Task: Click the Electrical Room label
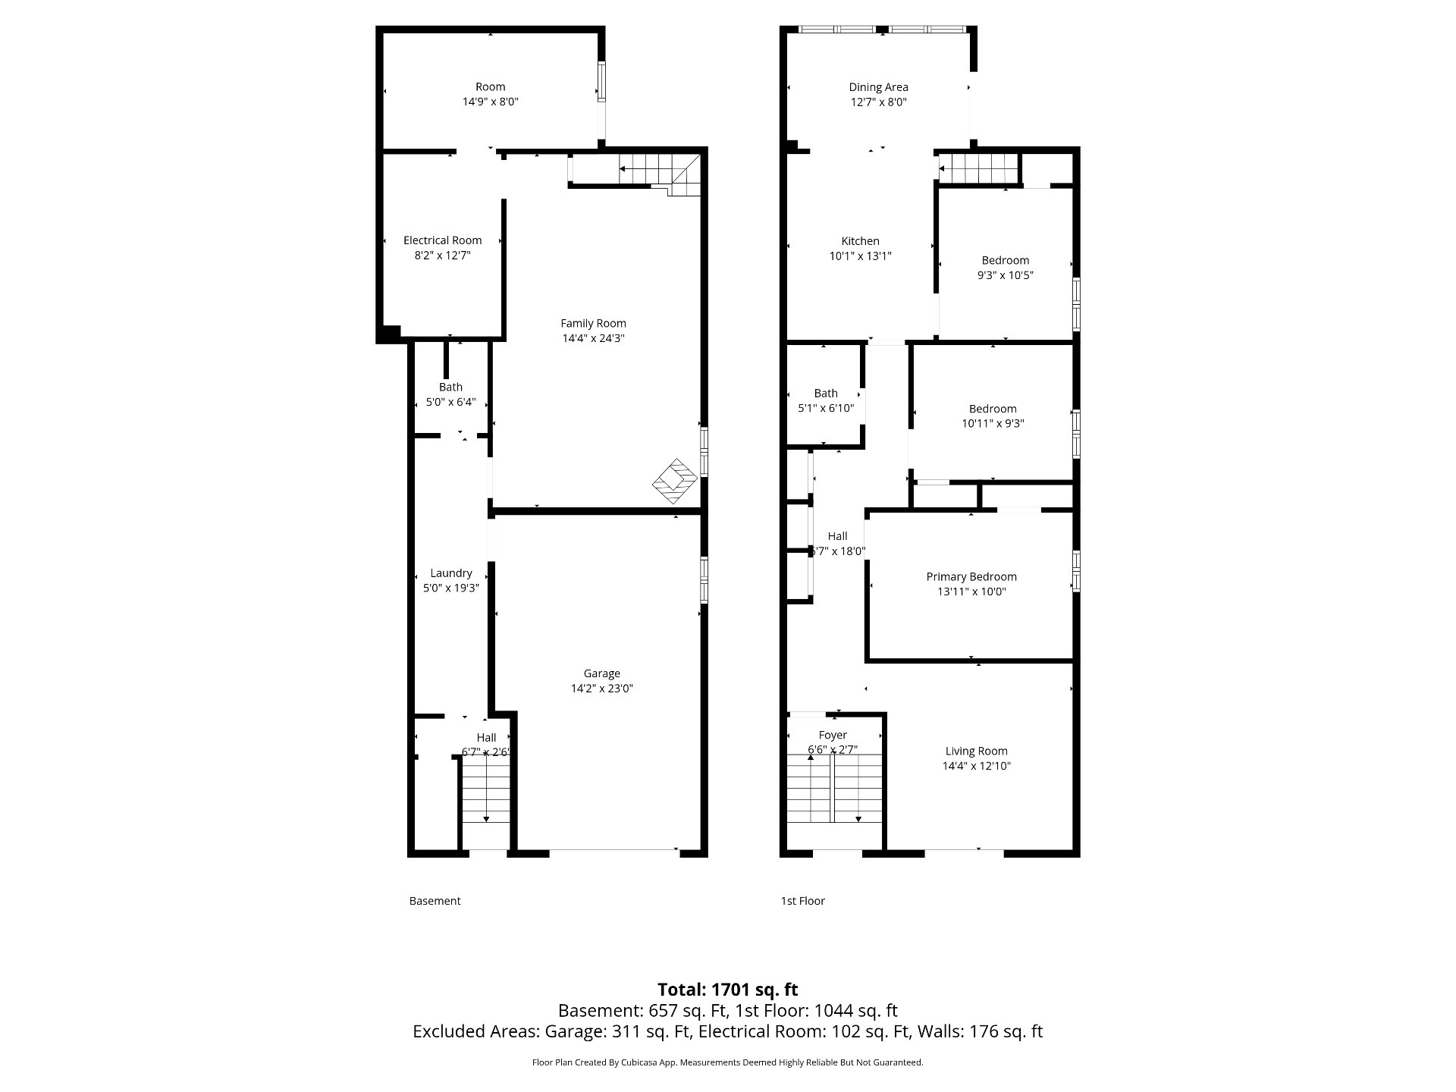442,240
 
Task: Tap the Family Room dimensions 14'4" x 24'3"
593,338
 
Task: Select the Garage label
602,673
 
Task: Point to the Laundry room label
451,573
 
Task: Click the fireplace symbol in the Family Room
675,482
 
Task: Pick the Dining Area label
878,87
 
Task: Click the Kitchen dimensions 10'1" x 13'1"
860,256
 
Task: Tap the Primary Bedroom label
971,577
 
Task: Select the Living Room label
977,752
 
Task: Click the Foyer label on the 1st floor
833,736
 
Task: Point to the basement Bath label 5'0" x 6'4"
450,394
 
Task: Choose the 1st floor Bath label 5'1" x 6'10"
826,400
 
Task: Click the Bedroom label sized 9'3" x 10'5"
1006,268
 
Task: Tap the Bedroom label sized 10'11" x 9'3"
993,416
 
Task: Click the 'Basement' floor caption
435,901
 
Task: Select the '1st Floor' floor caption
803,901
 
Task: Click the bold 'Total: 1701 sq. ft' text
728,990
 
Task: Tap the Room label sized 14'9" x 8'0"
491,94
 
